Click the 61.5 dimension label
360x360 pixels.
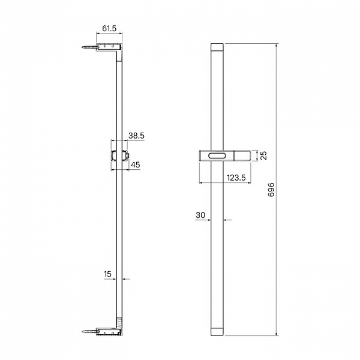click(109, 28)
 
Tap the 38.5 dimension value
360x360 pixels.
click(136, 136)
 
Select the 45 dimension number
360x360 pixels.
click(135, 164)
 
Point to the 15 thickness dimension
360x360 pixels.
click(107, 274)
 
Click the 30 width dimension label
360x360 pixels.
click(200, 215)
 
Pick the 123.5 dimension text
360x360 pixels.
click(236, 178)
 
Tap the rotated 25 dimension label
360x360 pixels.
click(264, 155)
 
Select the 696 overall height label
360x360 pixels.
click(271, 190)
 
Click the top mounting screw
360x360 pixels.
click(89, 47)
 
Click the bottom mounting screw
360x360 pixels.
click(89, 331)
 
